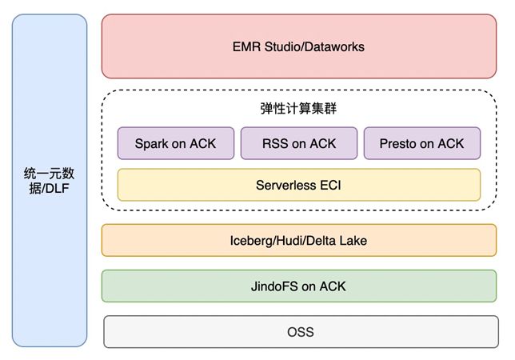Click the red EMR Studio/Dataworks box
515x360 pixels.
pos(298,46)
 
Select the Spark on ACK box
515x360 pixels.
pos(176,144)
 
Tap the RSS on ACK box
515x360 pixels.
pos(299,144)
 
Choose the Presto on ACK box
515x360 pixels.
pos(422,144)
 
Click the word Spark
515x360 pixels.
pos(151,144)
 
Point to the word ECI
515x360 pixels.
pos(328,185)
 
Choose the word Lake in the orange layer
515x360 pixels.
pos(351,240)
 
